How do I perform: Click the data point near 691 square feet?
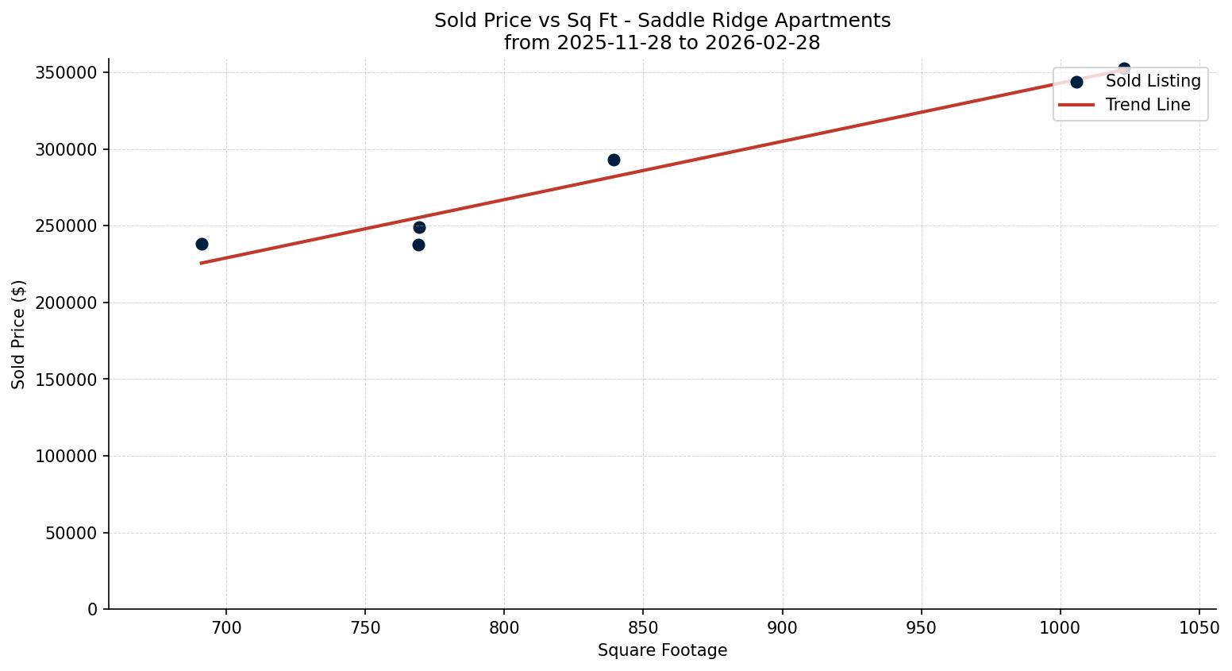(x=202, y=244)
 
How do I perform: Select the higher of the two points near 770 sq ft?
(x=419, y=227)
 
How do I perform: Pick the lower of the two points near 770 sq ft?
(x=418, y=245)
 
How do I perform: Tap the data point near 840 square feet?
(x=614, y=160)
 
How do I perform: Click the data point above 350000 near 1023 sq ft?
(x=1124, y=69)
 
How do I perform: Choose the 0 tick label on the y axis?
(x=93, y=610)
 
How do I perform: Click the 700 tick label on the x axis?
(x=226, y=628)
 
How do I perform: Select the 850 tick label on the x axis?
(x=643, y=628)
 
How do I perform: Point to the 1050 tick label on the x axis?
(x=1199, y=628)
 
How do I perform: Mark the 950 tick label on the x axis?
(x=921, y=628)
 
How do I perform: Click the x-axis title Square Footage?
(x=662, y=650)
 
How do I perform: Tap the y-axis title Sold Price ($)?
(x=19, y=334)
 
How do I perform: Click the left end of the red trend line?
(x=202, y=263)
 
